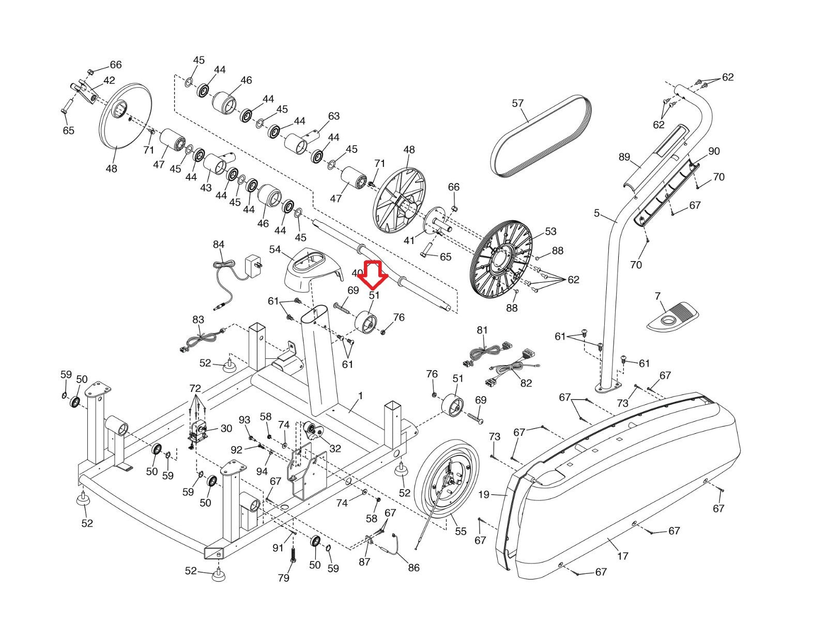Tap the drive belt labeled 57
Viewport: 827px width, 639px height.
[541, 136]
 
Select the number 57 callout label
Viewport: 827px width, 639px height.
[517, 103]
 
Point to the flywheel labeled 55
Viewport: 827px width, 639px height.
[446, 482]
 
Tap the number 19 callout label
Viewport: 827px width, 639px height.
[483, 495]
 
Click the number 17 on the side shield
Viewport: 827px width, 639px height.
[622, 556]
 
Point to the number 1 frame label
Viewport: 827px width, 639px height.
[360, 396]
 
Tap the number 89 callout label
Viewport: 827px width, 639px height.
[624, 157]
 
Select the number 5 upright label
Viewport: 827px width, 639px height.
[596, 213]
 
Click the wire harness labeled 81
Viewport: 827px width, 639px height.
[486, 352]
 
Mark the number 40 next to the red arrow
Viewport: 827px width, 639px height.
[357, 273]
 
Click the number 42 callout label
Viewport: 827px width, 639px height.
[109, 80]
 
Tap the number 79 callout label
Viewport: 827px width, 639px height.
[284, 578]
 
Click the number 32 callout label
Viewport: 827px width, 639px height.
[335, 449]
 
